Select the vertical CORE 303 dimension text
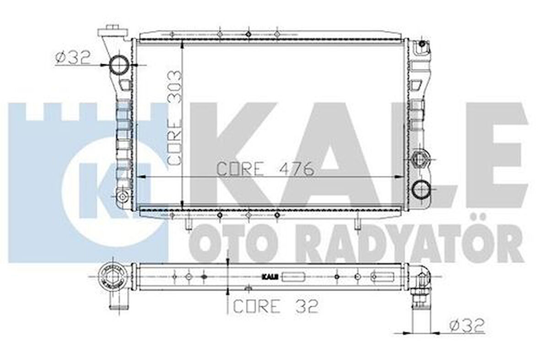[175, 118]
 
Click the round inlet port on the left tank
[119, 65]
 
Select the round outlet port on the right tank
[420, 189]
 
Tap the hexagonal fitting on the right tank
[419, 159]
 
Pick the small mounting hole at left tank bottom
[122, 197]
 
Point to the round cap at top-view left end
[111, 278]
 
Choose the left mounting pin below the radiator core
[188, 224]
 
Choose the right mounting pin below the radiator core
[357, 223]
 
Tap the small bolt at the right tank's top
[422, 44]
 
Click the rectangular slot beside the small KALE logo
[294, 277]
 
